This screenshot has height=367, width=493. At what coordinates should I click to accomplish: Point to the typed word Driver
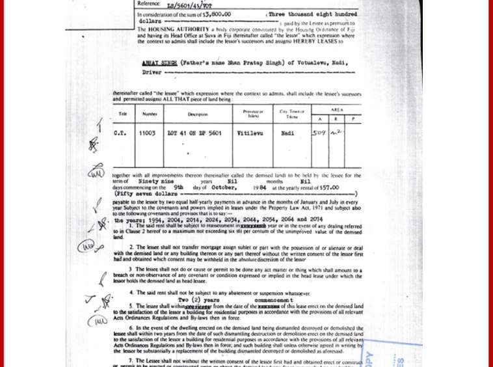(152, 73)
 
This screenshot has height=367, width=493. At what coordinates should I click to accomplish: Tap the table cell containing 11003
(148, 133)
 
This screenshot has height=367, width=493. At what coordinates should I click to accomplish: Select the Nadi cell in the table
(287, 133)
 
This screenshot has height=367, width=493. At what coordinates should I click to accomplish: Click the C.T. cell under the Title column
(120, 133)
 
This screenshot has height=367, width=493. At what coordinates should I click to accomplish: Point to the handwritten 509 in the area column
(319, 133)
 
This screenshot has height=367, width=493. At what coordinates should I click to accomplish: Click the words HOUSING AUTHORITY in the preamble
(180, 30)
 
